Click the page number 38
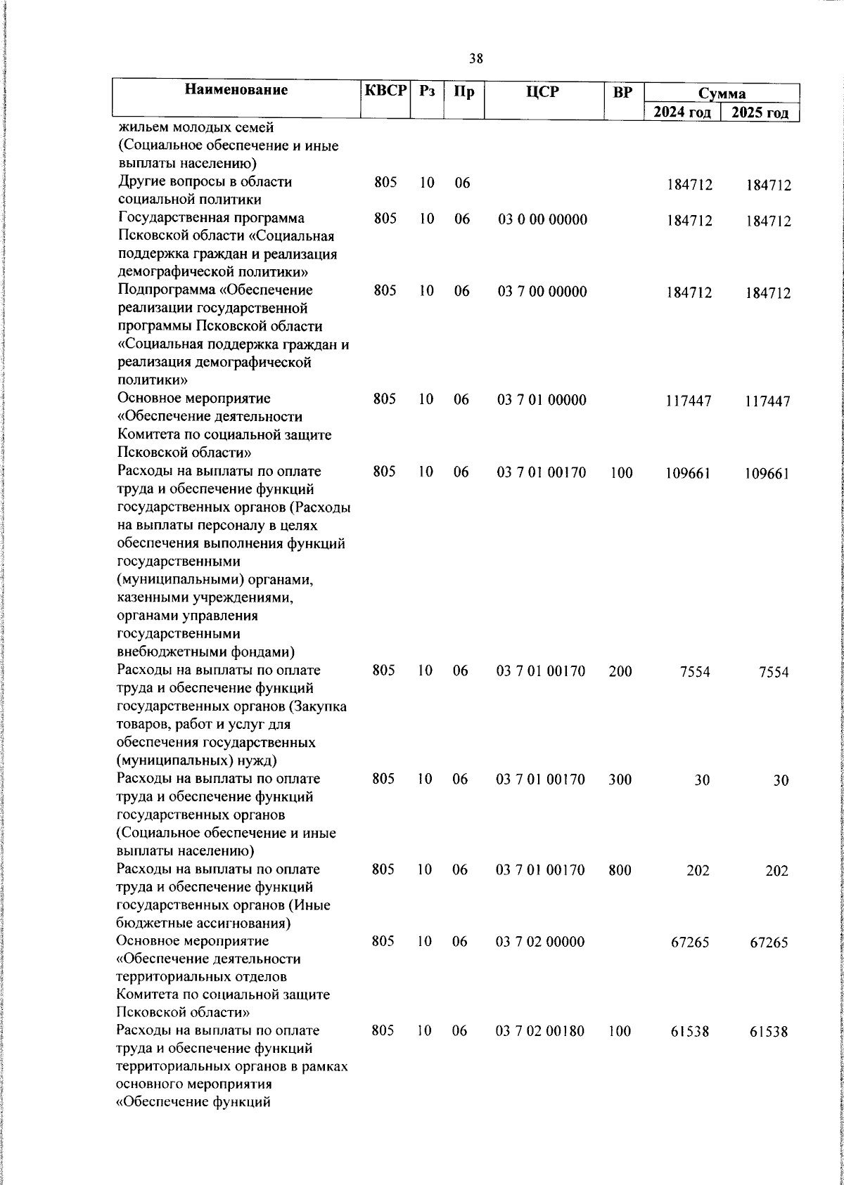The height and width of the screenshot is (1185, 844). click(476, 59)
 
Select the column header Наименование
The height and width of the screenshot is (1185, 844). click(237, 90)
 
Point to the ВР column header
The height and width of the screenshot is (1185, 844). click(622, 91)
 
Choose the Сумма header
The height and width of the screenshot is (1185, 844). click(722, 93)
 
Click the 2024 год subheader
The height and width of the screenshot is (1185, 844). click(682, 112)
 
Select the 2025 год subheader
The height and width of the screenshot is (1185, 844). click(760, 112)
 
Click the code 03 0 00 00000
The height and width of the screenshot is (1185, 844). click(542, 220)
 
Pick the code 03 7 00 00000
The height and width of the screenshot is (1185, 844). click(542, 292)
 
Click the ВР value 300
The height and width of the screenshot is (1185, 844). click(620, 779)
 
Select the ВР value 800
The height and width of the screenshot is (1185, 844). click(620, 870)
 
